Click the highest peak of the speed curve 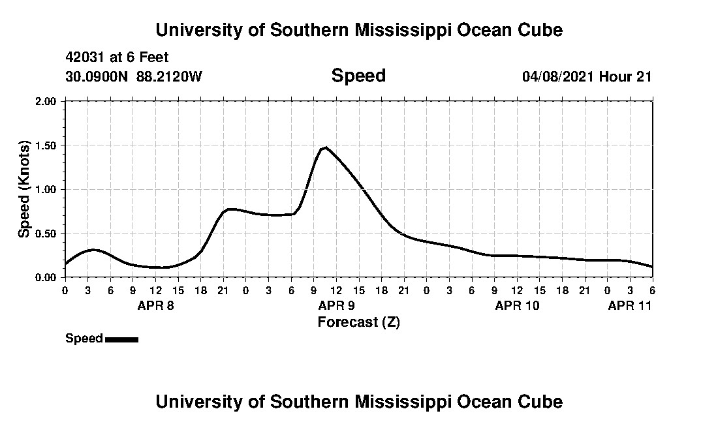(325, 147)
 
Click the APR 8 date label (155, 305)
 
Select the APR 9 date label (336, 305)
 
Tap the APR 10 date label (518, 305)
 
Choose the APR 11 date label (630, 305)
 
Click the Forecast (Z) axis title (358, 322)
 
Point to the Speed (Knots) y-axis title (24, 189)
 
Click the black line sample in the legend (121, 339)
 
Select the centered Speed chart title (358, 76)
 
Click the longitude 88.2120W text (170, 77)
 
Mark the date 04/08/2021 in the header (558, 77)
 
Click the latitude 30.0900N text (98, 77)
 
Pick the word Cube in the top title (540, 30)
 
